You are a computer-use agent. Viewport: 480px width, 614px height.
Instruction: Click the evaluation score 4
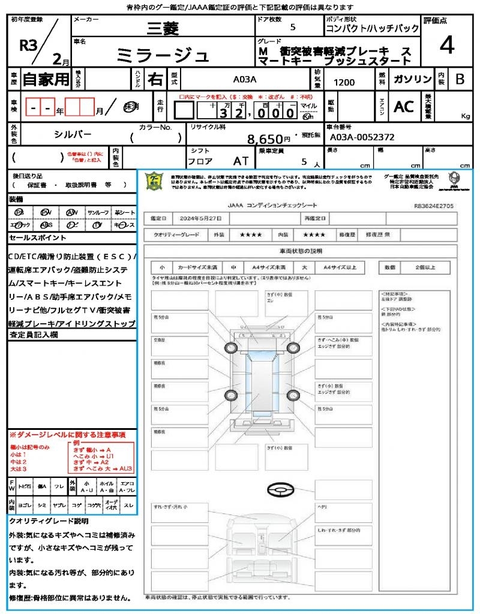[x=446, y=46]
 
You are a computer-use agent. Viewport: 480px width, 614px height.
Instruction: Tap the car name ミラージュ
[x=163, y=55]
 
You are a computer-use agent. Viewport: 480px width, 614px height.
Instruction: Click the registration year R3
[x=27, y=45]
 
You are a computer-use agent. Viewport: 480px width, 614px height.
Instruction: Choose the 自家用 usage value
[x=46, y=79]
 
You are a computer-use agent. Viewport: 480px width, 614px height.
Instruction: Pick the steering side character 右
[x=155, y=79]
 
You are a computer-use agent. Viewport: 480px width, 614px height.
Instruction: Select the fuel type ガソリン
[x=412, y=79]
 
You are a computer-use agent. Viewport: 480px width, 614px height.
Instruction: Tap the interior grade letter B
[x=460, y=79]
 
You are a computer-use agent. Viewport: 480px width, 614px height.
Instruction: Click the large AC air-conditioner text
[x=404, y=107]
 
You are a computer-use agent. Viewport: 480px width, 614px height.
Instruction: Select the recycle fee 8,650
[x=265, y=139]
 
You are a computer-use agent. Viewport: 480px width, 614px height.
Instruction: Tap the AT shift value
[x=241, y=161]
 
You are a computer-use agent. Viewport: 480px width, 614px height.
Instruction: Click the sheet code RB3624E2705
[x=434, y=205]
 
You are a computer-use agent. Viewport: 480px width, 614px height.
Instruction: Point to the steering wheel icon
[x=280, y=490]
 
